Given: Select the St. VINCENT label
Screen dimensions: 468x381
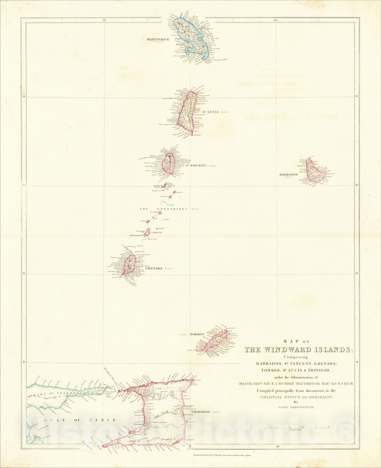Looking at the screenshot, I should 196,165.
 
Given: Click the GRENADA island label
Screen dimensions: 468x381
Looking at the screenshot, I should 154,268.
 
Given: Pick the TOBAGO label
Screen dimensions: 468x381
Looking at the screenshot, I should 197,334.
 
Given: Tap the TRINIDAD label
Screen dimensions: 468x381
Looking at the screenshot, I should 200,412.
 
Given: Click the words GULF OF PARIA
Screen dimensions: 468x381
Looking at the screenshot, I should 80,420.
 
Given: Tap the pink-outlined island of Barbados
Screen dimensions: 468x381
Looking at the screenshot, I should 315,171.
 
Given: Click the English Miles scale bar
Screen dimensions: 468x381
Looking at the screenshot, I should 300,427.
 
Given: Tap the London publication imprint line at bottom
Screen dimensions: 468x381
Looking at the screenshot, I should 224,455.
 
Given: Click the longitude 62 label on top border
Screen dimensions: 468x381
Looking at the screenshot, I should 104,20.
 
